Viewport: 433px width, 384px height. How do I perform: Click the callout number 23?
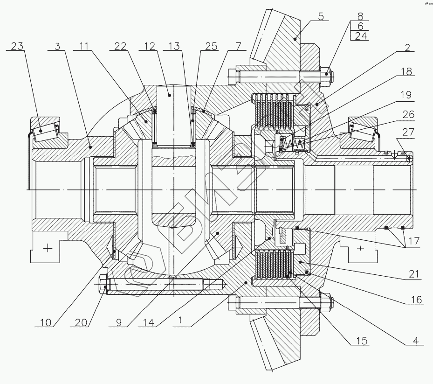[x=17, y=46]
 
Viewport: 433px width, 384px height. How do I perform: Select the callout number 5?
[x=321, y=16]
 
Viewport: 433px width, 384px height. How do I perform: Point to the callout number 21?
[x=414, y=274]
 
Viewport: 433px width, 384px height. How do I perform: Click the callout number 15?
[x=362, y=341]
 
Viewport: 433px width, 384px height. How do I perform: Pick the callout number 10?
[x=46, y=322]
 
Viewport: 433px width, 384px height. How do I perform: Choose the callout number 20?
[x=81, y=322]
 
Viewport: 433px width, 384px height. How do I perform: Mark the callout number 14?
[x=149, y=322]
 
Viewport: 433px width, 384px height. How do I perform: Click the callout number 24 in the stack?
[x=361, y=36]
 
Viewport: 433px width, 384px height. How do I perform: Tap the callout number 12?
[x=150, y=46]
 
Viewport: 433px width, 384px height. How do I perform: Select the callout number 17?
[x=414, y=241]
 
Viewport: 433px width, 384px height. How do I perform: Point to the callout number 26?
[x=408, y=114]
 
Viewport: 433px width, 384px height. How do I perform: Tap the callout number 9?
[x=119, y=322]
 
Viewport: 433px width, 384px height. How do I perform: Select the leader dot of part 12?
[x=170, y=95]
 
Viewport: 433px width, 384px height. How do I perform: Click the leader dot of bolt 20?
[x=105, y=287]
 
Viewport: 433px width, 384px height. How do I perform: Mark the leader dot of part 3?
[x=90, y=147]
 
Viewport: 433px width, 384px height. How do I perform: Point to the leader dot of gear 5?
[x=295, y=39]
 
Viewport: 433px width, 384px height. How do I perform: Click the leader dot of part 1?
[x=246, y=283]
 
